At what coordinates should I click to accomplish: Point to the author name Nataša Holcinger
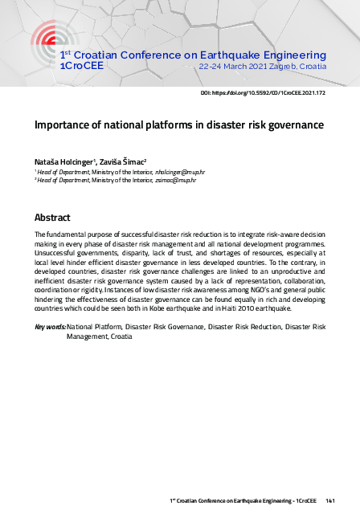(65, 161)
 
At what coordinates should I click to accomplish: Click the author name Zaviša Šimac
(122, 161)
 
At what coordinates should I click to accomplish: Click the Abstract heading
(52, 218)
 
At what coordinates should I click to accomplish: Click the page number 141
(330, 500)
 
